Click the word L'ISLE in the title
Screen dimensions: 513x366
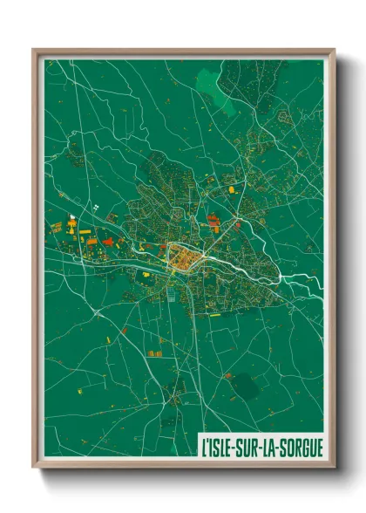[x=220, y=445]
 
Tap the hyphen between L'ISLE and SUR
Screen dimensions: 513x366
[x=238, y=445]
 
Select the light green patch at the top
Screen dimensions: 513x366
[x=211, y=84]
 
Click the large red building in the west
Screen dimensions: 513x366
[x=108, y=242]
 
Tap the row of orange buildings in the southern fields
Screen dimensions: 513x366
[x=155, y=353]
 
